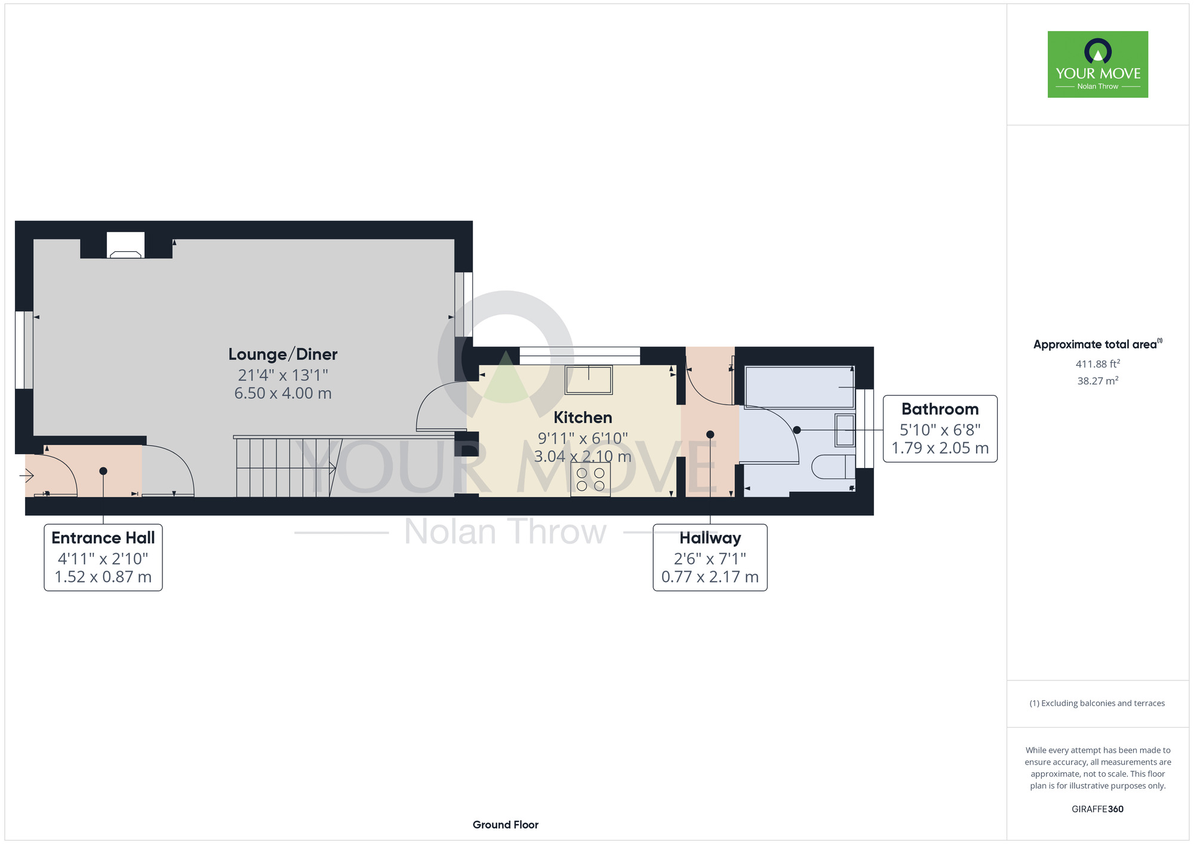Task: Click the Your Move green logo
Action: (1098, 64)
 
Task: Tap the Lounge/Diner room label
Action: (283, 355)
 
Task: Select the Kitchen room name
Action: (583, 417)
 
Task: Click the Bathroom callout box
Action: (940, 429)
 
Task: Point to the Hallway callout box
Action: (710, 557)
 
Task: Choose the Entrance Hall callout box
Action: (103, 557)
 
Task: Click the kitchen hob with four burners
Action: (590, 479)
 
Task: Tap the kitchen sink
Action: (589, 380)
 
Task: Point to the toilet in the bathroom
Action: (835, 467)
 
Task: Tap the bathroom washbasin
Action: (845, 430)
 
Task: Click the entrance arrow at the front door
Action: (27, 476)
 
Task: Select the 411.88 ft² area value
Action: (1098, 364)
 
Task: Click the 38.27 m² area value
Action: (1098, 380)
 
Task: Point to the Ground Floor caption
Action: (506, 825)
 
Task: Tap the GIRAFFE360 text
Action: (1097, 809)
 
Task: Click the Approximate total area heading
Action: (1098, 344)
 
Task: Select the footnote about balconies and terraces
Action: (1097, 703)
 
